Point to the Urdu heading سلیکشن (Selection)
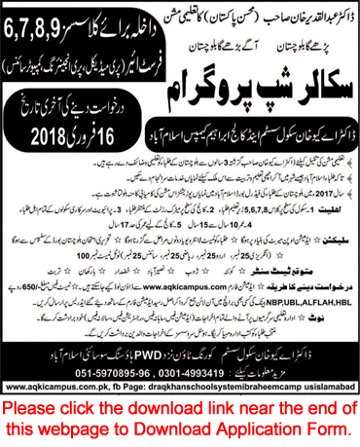tap(336, 234)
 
